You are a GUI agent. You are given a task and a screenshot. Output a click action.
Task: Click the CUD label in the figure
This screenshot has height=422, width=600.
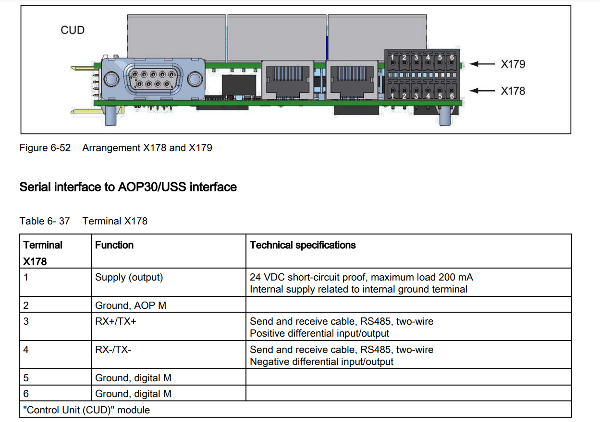click(73, 30)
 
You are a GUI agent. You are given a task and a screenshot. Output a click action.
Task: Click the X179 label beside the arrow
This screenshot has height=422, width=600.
click(513, 64)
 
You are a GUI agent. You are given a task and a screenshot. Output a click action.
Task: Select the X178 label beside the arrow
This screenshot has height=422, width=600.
click(513, 91)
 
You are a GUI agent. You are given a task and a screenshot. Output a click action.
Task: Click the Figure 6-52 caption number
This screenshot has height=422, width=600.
click(45, 148)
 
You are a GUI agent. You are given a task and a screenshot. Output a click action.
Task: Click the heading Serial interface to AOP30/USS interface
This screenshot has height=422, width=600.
click(128, 187)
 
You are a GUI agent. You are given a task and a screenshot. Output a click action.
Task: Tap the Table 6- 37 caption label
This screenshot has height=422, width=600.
click(45, 221)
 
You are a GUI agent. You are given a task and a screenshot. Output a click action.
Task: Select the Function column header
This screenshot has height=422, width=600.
click(114, 245)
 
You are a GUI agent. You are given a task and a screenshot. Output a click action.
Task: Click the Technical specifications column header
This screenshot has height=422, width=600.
click(303, 245)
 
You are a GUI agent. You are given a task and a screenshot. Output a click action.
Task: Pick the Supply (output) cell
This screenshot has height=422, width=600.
click(129, 277)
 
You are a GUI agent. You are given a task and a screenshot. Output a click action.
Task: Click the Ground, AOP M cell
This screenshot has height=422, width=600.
click(131, 305)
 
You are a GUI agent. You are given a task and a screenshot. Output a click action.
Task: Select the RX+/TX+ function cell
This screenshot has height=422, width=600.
click(116, 321)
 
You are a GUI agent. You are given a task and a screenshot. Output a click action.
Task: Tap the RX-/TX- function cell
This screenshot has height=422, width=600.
click(113, 350)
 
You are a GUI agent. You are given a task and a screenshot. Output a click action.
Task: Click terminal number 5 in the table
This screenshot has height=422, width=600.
click(26, 378)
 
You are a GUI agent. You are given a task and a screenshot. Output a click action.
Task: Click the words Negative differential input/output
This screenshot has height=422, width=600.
click(321, 362)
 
